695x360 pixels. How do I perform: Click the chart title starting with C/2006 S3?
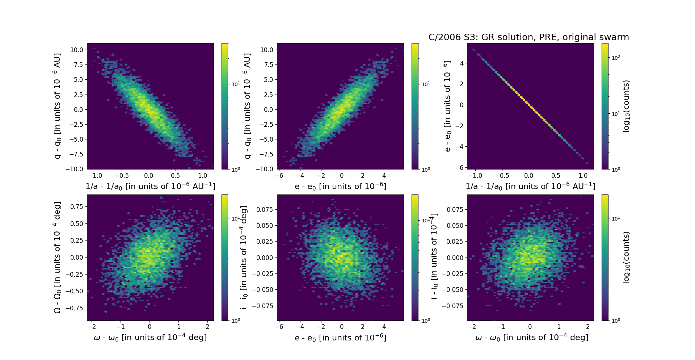pos(528,37)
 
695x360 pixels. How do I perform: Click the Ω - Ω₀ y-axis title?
pos(57,258)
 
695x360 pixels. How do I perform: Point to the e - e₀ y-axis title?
pos(447,106)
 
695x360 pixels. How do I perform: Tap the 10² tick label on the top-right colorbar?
pos(616,58)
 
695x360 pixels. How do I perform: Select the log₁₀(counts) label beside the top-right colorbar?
pos(626,106)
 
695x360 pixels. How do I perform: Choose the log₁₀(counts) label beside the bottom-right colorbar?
pos(626,258)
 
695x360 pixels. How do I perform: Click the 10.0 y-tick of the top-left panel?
pos(76,50)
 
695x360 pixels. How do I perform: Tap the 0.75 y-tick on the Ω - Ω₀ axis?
pos(76,207)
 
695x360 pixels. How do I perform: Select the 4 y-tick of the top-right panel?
pos(462,63)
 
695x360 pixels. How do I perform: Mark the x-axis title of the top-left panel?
pos(150,187)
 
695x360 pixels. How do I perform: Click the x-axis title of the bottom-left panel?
pos(150,338)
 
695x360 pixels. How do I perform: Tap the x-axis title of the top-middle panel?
pos(340,187)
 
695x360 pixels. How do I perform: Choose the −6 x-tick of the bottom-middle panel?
pos(279,327)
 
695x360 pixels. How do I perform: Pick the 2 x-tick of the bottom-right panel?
pos(588,327)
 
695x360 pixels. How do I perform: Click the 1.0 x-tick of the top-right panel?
pos(583,176)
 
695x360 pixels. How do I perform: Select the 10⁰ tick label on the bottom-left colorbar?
pos(236,321)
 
